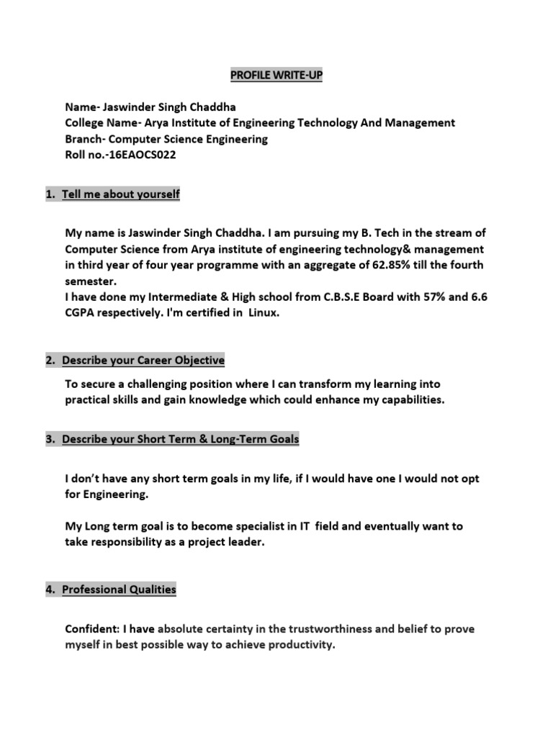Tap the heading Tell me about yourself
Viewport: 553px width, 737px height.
tap(120, 194)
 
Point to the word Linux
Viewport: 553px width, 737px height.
tap(263, 313)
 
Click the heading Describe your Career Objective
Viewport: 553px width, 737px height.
tap(143, 360)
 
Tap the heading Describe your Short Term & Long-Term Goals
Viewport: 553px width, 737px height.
tap(180, 439)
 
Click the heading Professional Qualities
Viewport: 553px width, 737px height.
tap(119, 590)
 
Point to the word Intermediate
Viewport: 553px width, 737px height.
tap(158, 297)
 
